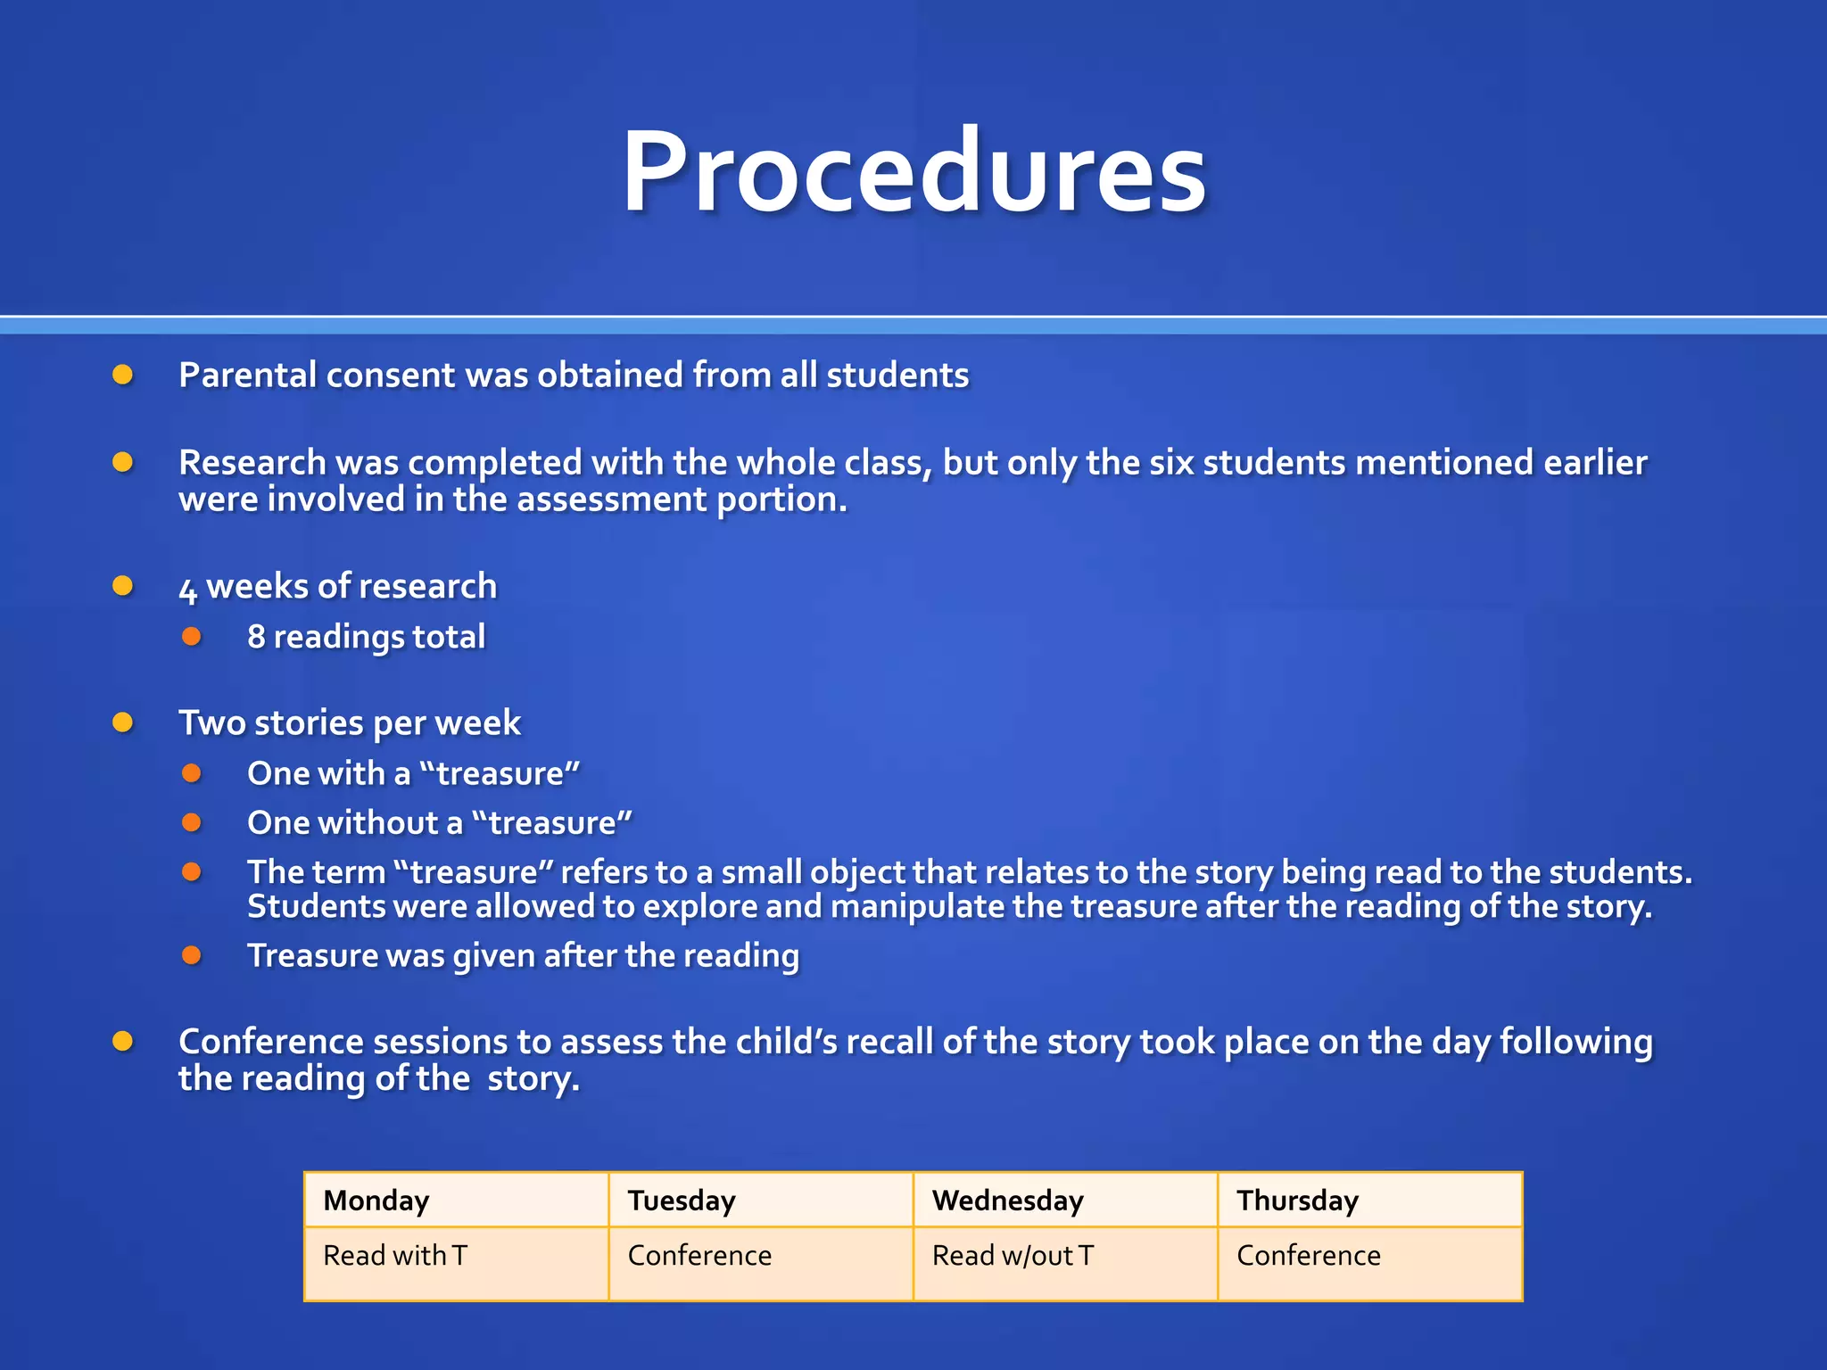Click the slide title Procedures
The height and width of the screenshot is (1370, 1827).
click(x=913, y=171)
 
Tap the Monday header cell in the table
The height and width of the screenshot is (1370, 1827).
click(x=456, y=1201)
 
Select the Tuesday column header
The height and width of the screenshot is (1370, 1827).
click(x=760, y=1201)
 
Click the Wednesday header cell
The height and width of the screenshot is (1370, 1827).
click(x=1065, y=1201)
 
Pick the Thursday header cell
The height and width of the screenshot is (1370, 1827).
click(x=1369, y=1201)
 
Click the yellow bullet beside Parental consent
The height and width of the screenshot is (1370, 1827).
click(x=123, y=375)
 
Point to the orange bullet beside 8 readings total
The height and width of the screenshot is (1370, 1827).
click(x=192, y=637)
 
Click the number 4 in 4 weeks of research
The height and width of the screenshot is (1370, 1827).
click(x=187, y=590)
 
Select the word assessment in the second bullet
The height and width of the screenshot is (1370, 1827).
click(x=611, y=499)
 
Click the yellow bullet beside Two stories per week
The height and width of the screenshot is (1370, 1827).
click(x=123, y=722)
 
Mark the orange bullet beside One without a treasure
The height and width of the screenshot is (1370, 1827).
click(x=192, y=822)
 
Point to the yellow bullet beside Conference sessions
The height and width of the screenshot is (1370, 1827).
click(x=123, y=1041)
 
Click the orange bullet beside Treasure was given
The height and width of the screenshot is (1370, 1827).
click(x=192, y=955)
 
